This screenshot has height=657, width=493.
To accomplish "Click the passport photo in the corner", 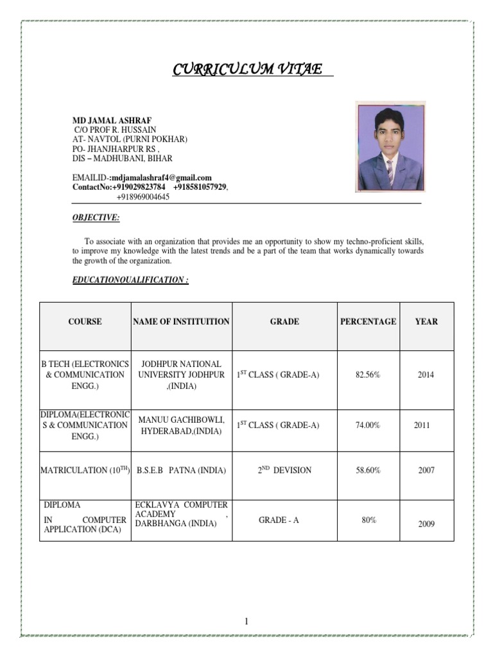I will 391,147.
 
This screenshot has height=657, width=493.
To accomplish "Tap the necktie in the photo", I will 390,173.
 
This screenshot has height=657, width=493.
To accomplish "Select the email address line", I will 142,178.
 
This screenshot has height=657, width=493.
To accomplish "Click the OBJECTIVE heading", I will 96,218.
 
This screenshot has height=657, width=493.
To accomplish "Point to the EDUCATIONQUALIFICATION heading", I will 130,281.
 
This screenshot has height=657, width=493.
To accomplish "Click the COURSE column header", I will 85,321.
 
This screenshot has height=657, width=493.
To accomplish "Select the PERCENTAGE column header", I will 368,321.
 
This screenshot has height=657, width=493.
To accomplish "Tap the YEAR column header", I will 426,321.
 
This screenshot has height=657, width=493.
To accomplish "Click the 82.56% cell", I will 368,375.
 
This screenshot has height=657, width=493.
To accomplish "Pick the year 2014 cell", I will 426,375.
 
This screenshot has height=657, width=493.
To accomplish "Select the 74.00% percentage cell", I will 368,425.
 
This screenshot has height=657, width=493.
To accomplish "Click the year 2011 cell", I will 422,425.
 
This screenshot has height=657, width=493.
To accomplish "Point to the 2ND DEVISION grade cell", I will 284,470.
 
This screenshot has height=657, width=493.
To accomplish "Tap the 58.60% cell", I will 368,470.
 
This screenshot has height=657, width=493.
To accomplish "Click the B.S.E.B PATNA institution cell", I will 181,470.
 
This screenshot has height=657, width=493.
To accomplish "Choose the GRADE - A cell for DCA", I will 279,520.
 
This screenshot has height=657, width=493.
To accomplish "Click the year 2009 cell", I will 426,524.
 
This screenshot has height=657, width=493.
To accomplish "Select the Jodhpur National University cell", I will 181,375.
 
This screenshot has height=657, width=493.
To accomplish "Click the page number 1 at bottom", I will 245,621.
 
